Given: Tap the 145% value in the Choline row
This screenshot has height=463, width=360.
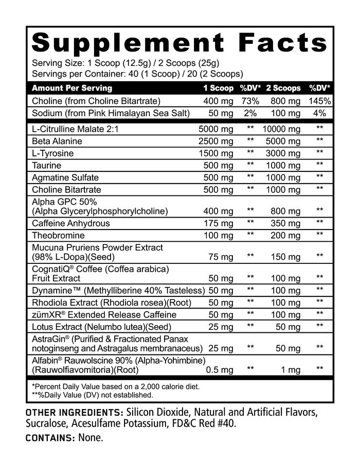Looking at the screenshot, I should click(320, 101).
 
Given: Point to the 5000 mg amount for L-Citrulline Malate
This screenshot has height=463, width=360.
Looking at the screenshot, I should click(216, 129).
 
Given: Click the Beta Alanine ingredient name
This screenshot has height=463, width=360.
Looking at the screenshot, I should click(57, 141).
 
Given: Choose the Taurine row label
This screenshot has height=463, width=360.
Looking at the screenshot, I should click(46, 166).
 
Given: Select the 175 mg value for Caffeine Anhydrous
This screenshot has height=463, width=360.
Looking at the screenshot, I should click(219, 224).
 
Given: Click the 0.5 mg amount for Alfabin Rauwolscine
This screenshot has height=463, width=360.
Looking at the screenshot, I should click(220, 370).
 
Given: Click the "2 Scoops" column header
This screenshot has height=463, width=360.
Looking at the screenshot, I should click(283, 88).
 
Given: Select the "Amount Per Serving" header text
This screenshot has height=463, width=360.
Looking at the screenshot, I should click(72, 88).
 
